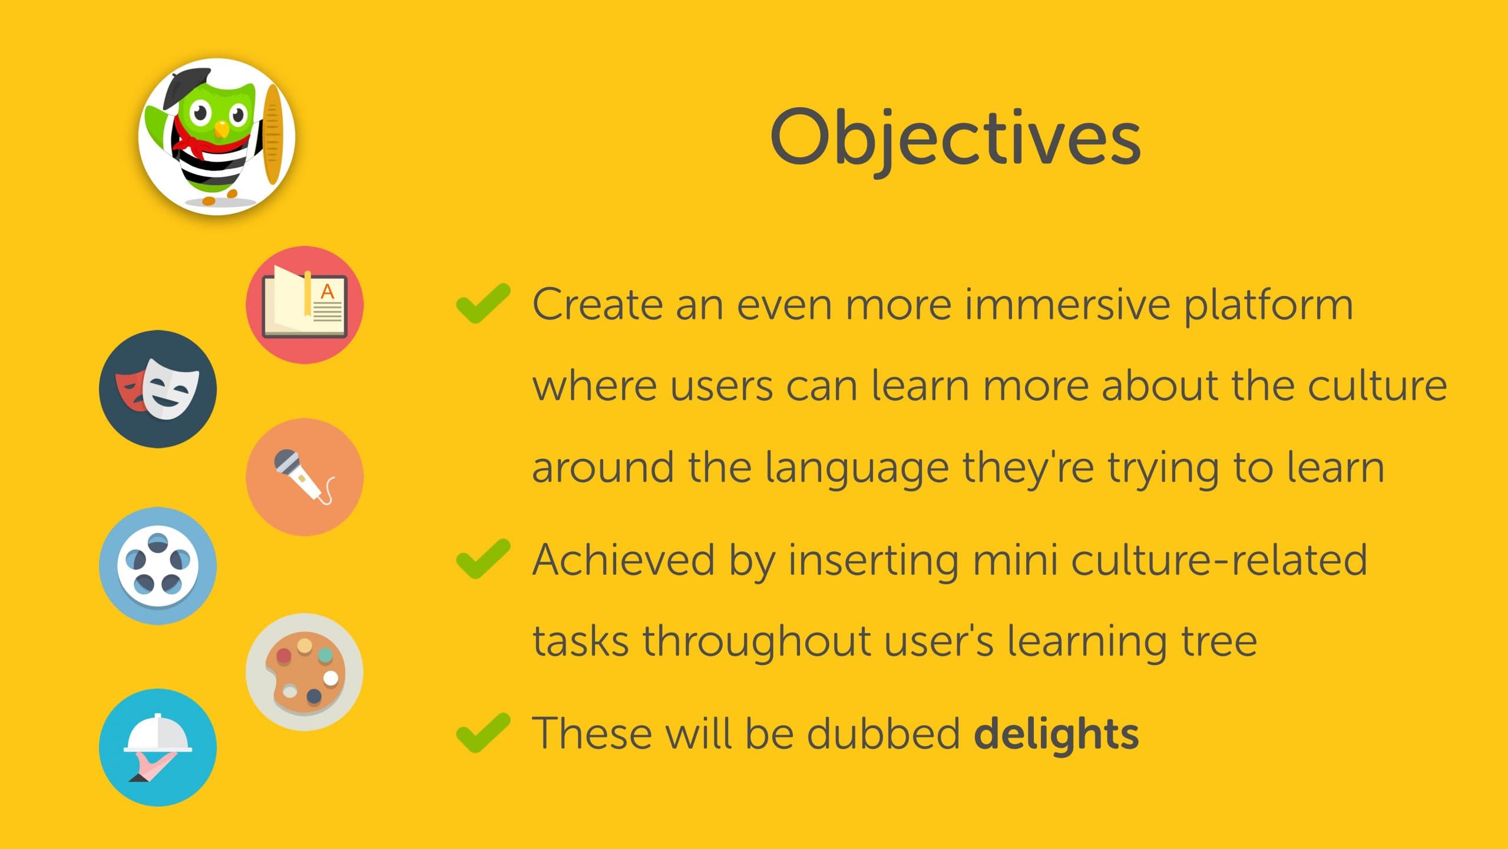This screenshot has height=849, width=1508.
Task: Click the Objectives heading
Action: pos(955,139)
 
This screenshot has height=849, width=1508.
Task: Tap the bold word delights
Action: pos(1056,735)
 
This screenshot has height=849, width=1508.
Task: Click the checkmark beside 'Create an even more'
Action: pos(483,303)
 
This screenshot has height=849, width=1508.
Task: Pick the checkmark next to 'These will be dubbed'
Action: pos(483,732)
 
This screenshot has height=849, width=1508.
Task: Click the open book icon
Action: pos(305,305)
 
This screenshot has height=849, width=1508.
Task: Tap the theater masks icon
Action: pos(158,389)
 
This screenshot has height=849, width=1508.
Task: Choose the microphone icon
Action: pos(305,477)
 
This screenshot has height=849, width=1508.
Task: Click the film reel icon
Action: pos(158,566)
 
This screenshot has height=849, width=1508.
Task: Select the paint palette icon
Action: pos(305,672)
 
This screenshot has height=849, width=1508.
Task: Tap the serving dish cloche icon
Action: pos(158,748)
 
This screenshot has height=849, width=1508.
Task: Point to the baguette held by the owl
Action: pos(272,134)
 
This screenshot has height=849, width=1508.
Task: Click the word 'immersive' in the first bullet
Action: pos(1067,305)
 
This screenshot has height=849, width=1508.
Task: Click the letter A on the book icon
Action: pos(327,291)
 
